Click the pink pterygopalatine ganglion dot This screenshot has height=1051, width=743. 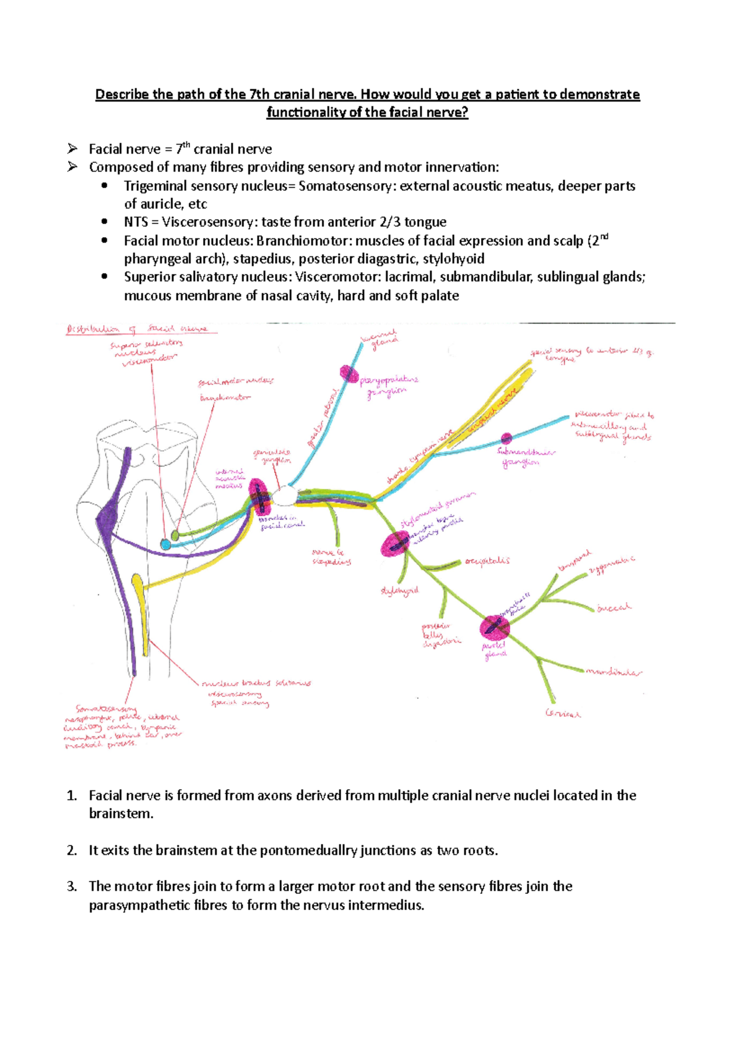[349, 374]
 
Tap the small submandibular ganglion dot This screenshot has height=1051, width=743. [506, 438]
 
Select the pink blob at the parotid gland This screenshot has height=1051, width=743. [494, 628]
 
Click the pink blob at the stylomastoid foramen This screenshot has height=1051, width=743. [395, 544]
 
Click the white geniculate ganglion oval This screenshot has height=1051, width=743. [285, 496]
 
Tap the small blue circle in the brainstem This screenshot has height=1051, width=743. [165, 545]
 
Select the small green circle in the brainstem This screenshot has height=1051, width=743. [175, 535]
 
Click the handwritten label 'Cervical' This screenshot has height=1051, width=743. [563, 713]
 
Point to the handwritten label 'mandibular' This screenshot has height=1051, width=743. [614, 672]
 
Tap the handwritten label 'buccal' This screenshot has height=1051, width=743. [614, 608]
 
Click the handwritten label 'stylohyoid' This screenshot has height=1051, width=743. [399, 591]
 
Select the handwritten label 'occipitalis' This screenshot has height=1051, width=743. [487, 561]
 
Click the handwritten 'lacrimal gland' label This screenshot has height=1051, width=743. [380, 341]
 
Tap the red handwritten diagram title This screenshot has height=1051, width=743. [137, 329]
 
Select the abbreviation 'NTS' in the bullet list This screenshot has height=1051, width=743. [136, 222]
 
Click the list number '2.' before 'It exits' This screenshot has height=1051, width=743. [72, 850]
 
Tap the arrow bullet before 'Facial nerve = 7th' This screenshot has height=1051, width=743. [73, 149]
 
